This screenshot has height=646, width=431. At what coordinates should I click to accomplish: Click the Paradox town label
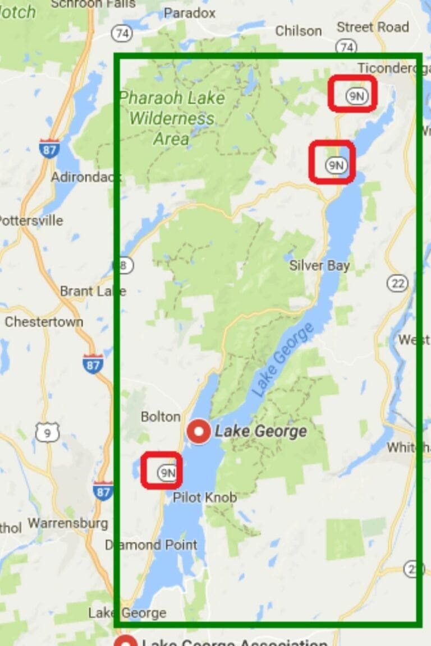click(190, 12)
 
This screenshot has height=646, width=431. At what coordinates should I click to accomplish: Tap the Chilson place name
click(298, 30)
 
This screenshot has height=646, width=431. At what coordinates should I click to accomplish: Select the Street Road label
click(373, 27)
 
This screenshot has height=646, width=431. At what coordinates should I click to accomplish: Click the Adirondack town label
click(86, 177)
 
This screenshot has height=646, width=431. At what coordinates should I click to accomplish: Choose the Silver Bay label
click(319, 265)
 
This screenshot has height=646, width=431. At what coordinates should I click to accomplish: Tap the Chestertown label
click(44, 322)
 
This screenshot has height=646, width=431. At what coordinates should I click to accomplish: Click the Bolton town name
click(161, 417)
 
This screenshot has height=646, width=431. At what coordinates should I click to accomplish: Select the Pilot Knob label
click(204, 497)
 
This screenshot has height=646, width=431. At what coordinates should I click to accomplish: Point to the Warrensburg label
click(68, 523)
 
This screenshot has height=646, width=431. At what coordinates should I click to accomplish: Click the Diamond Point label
click(151, 545)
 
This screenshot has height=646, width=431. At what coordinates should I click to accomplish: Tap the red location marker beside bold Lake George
click(199, 431)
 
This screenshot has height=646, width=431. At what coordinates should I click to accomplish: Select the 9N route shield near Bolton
click(167, 472)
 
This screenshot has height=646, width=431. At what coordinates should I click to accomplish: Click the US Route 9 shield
click(47, 432)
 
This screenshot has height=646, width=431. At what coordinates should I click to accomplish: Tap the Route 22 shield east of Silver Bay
click(398, 283)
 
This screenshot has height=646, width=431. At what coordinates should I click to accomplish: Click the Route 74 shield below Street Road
click(347, 47)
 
